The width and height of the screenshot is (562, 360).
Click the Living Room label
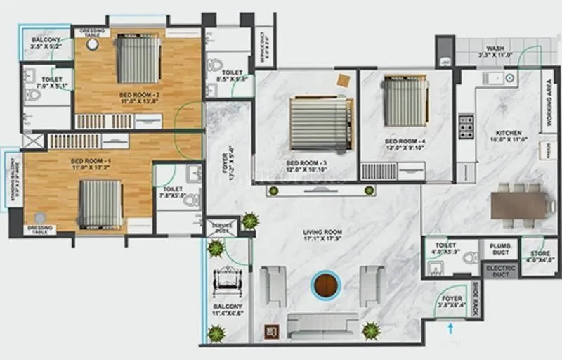click(x=322, y=235)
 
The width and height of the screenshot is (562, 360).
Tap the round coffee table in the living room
click(x=325, y=285)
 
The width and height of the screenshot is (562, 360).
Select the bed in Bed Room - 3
click(x=320, y=122)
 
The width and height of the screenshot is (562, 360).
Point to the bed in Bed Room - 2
click(x=138, y=59)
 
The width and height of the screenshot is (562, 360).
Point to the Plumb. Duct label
click(x=499, y=249)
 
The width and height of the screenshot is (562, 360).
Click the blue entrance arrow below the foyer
click(x=451, y=326)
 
